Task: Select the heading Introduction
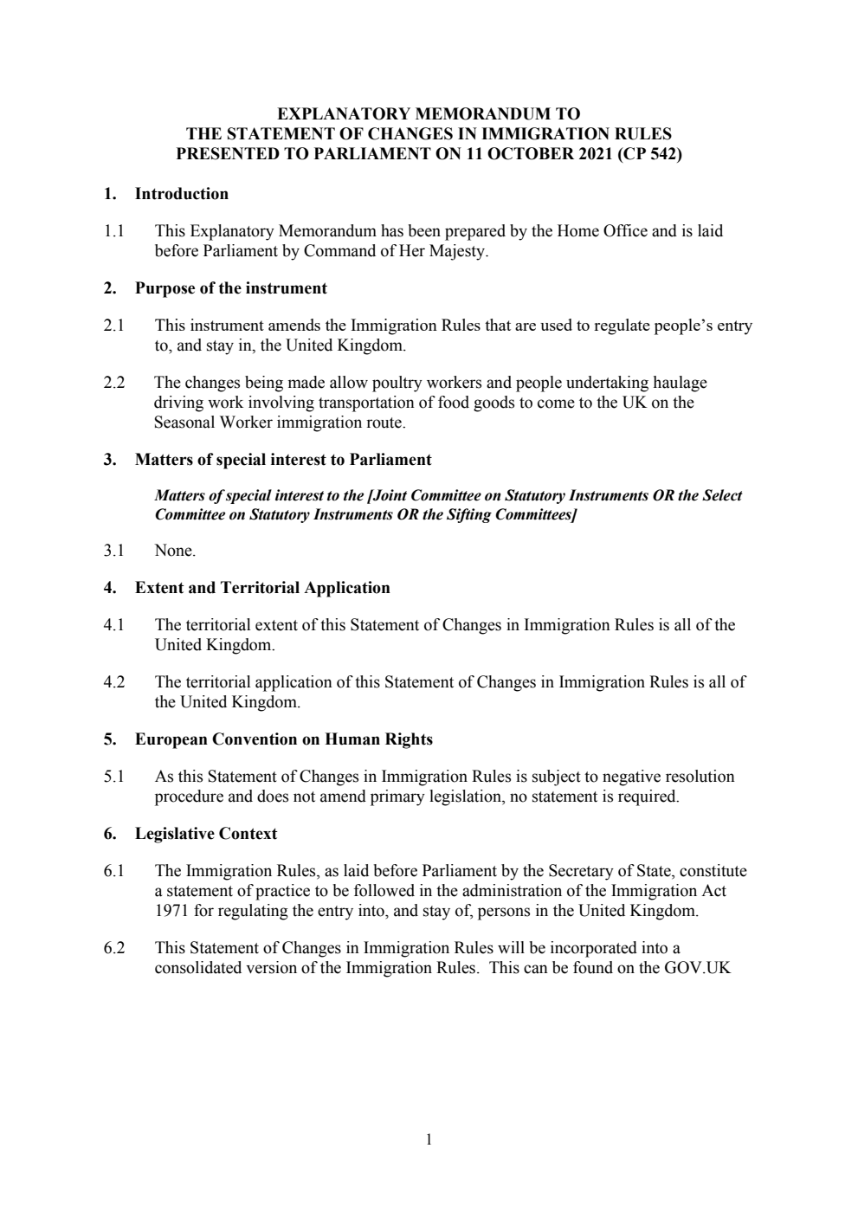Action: click(x=182, y=194)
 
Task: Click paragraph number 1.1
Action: click(x=113, y=231)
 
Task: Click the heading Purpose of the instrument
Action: click(x=230, y=288)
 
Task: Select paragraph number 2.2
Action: click(x=113, y=383)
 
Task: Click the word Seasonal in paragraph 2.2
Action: click(x=184, y=423)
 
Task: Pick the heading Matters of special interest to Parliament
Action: click(x=282, y=460)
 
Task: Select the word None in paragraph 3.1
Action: click(x=174, y=551)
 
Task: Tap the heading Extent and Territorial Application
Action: click(x=261, y=588)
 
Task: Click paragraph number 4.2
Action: click(x=113, y=682)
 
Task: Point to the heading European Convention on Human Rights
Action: click(x=283, y=739)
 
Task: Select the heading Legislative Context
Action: click(x=205, y=834)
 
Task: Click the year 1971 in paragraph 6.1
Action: click(x=171, y=911)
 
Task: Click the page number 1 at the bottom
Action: click(x=429, y=1139)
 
